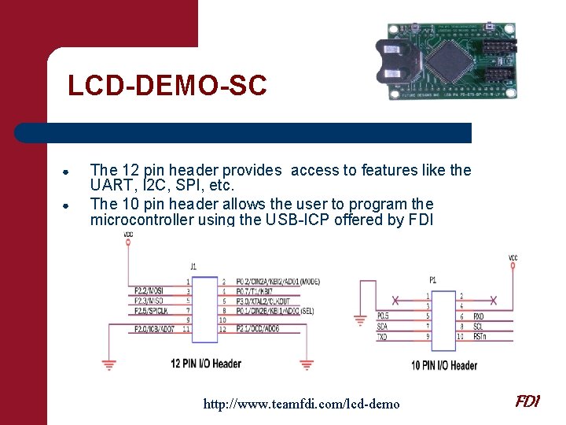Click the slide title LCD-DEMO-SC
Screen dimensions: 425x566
[x=167, y=86]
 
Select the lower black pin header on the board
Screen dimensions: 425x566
[x=498, y=76]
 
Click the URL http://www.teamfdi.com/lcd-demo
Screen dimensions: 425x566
[x=301, y=404]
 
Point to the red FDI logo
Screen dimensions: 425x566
[x=527, y=401]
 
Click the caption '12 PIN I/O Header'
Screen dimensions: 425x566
[x=205, y=364]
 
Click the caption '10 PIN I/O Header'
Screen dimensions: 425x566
[x=443, y=365]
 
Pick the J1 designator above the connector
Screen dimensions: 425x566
[x=193, y=267]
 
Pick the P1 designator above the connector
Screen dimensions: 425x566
[x=433, y=279]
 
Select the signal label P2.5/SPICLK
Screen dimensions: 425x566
[x=152, y=311]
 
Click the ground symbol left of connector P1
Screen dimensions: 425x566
[x=360, y=320]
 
